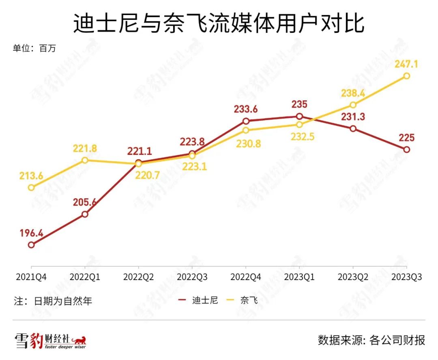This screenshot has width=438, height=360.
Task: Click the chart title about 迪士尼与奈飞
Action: pos(219,24)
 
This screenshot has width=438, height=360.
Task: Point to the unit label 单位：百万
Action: pos(34,49)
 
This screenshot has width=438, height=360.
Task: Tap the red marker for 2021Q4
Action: pos(31,245)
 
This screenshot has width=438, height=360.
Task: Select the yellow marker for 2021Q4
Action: pos(31,187)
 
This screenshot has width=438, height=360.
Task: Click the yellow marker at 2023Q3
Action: pos(407,76)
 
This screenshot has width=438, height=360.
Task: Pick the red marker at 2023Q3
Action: pos(407,149)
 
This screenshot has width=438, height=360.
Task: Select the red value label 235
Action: pos(299,104)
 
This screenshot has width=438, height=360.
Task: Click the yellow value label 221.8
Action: pos(85,148)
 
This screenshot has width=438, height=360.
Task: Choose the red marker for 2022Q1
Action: pos(85,214)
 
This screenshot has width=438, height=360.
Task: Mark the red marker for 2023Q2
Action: pos(353,129)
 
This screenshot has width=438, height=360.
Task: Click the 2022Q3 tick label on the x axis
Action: pos(192,277)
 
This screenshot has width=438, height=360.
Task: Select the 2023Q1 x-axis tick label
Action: pos(299,277)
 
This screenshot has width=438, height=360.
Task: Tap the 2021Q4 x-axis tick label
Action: pos(31,277)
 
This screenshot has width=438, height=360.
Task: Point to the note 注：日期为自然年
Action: pos(53,301)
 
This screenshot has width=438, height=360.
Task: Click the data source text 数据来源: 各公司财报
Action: pos(371,340)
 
